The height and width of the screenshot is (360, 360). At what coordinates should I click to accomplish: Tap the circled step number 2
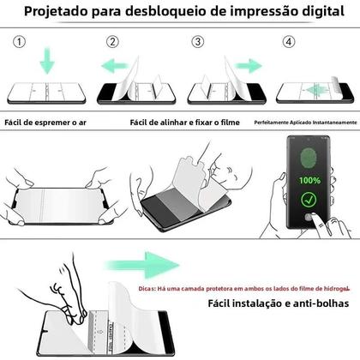tap(111, 42)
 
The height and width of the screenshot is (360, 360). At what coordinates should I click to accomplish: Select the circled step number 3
tap(198, 42)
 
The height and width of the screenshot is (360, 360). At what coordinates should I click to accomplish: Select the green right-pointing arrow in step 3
tap(249, 66)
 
